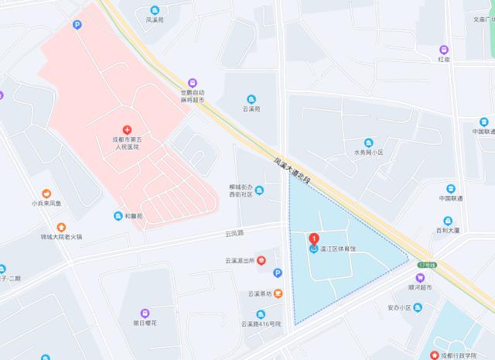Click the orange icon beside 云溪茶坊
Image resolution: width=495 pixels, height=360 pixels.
[x=278, y=293]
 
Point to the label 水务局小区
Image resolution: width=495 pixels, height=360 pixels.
[x=368, y=153]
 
